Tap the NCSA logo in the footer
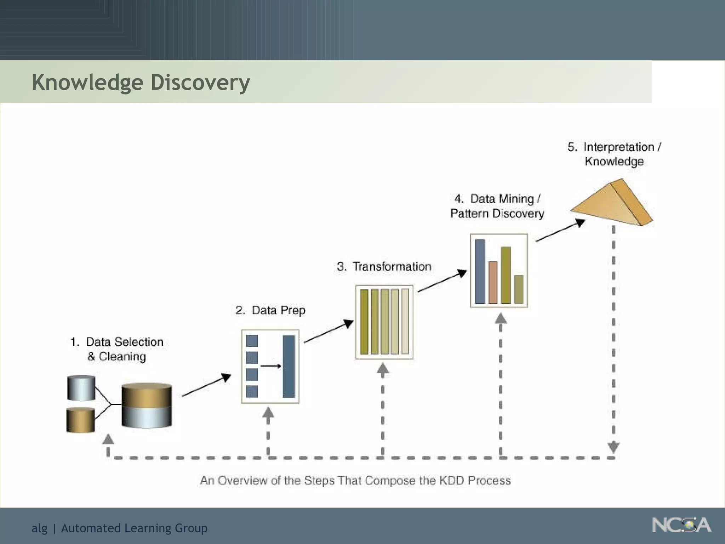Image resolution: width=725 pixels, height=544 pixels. coord(681,525)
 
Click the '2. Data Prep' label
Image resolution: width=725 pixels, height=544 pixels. coord(270,310)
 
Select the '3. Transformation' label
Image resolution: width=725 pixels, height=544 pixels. coord(384,266)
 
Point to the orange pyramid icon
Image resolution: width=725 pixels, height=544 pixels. coord(612,204)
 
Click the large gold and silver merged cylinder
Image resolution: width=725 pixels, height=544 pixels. coord(147,406)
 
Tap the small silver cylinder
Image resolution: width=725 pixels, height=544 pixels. coord(81,388)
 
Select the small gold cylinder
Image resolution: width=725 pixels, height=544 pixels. coord(81,420)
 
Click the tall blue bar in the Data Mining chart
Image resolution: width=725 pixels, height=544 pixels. coord(480,271)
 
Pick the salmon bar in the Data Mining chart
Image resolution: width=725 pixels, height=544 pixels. coord(493,282)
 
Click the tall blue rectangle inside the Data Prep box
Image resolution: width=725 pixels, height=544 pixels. coord(289,366)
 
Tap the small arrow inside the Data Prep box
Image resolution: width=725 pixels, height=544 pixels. coord(271,366)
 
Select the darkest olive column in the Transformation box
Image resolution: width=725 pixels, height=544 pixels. coord(364,322)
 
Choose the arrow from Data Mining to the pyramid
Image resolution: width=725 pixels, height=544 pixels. coord(560,231)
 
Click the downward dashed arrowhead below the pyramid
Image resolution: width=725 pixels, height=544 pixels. coord(613,447)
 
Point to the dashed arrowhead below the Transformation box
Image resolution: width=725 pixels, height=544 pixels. coord(383,369)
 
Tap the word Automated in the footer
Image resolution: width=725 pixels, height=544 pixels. coord(91,528)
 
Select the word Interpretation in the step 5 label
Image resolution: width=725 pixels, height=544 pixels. coord(618,147)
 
